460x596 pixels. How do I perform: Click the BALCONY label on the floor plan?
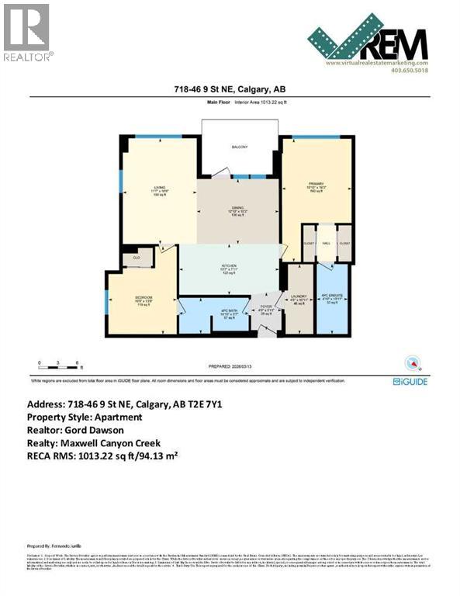(x=237, y=147)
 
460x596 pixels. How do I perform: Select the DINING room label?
(x=237, y=207)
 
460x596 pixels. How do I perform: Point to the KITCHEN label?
(x=230, y=265)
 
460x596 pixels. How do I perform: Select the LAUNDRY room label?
(x=299, y=296)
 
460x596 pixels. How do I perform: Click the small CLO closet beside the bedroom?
(x=136, y=258)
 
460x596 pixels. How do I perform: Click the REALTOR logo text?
(x=28, y=57)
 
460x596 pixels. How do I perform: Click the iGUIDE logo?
(x=410, y=381)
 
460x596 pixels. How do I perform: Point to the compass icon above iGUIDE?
(x=412, y=362)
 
